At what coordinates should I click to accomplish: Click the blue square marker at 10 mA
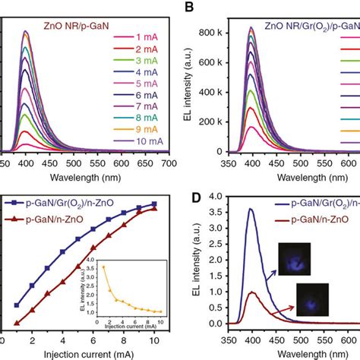tap(154, 204)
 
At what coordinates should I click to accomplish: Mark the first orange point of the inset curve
tap(104, 267)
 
